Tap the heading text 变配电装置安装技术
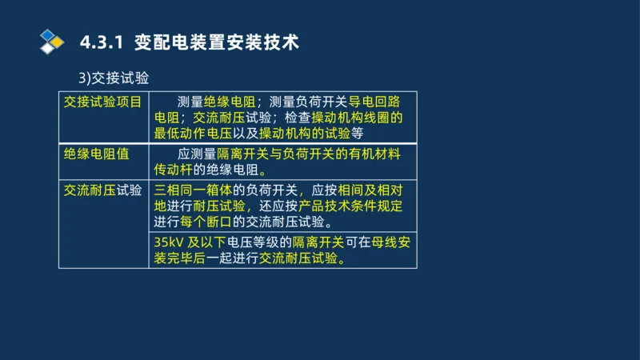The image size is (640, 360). pos(218,42)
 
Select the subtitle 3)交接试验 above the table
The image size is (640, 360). pos(114,78)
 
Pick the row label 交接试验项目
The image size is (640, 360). pos(103,102)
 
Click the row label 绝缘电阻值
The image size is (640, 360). pos(90,154)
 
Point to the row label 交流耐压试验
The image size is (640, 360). pos(103,190)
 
